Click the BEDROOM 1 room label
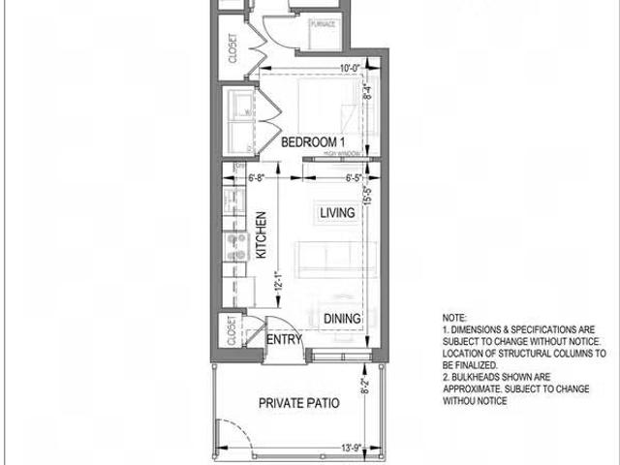click(313, 142)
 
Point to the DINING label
click(342, 319)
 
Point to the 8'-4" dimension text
click(367, 92)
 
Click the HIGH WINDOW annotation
click(343, 153)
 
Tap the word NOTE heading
click(453, 318)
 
